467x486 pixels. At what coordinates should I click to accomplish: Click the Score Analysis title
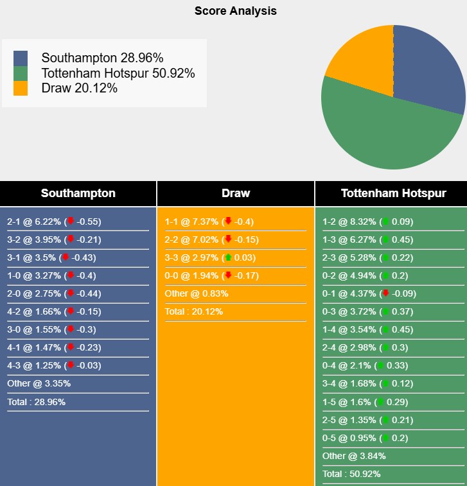[x=236, y=11]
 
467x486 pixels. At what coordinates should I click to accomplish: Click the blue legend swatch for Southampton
[x=21, y=58]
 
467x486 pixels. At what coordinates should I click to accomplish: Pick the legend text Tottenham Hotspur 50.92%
[x=118, y=73]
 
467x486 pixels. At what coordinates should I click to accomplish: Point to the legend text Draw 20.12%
[x=80, y=89]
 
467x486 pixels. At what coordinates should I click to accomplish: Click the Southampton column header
[x=78, y=193]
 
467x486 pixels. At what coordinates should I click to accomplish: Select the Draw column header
[x=236, y=193]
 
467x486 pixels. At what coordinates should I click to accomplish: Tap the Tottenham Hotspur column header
[x=393, y=193]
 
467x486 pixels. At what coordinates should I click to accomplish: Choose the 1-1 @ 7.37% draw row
[x=209, y=221]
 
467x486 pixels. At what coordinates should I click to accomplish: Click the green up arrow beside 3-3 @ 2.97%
[x=227, y=257]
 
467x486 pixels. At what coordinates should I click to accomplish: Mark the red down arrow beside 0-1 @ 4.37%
[x=385, y=293]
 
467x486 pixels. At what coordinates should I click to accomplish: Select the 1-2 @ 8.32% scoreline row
[x=367, y=221]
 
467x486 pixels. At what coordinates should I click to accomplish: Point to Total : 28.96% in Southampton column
[x=36, y=402]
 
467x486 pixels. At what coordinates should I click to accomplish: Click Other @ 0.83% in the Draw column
[x=197, y=293]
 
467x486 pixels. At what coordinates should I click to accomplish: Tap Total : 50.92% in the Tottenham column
[x=351, y=474]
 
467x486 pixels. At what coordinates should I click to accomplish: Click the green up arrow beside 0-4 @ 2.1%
[x=380, y=365]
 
